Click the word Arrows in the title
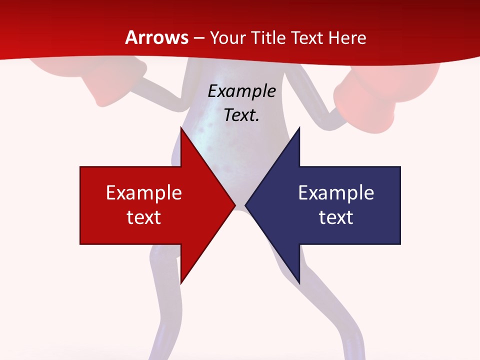[x=157, y=37]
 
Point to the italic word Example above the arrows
[x=241, y=91]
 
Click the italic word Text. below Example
[x=241, y=115]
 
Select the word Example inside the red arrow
[x=144, y=192]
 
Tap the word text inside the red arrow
[x=144, y=217]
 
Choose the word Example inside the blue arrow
[x=336, y=192]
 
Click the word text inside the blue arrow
[x=336, y=217]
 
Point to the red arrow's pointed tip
[x=234, y=205]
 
